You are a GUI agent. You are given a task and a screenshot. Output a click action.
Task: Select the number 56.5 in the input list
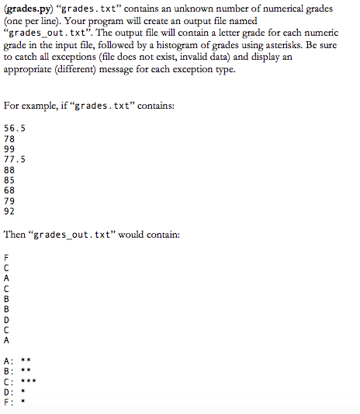[14, 128]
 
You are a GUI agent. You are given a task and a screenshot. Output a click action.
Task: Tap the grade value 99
[9, 148]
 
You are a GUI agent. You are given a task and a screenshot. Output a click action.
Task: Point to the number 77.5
[14, 158]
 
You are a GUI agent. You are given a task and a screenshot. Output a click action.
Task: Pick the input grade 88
[9, 169]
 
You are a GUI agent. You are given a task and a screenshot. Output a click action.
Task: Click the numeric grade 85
[9, 179]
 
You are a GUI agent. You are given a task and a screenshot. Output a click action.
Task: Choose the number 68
[9, 189]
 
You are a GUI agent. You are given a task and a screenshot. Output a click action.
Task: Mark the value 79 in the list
[9, 199]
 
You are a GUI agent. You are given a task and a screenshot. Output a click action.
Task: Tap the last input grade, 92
[9, 209]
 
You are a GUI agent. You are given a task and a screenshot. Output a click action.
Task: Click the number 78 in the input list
[9, 138]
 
